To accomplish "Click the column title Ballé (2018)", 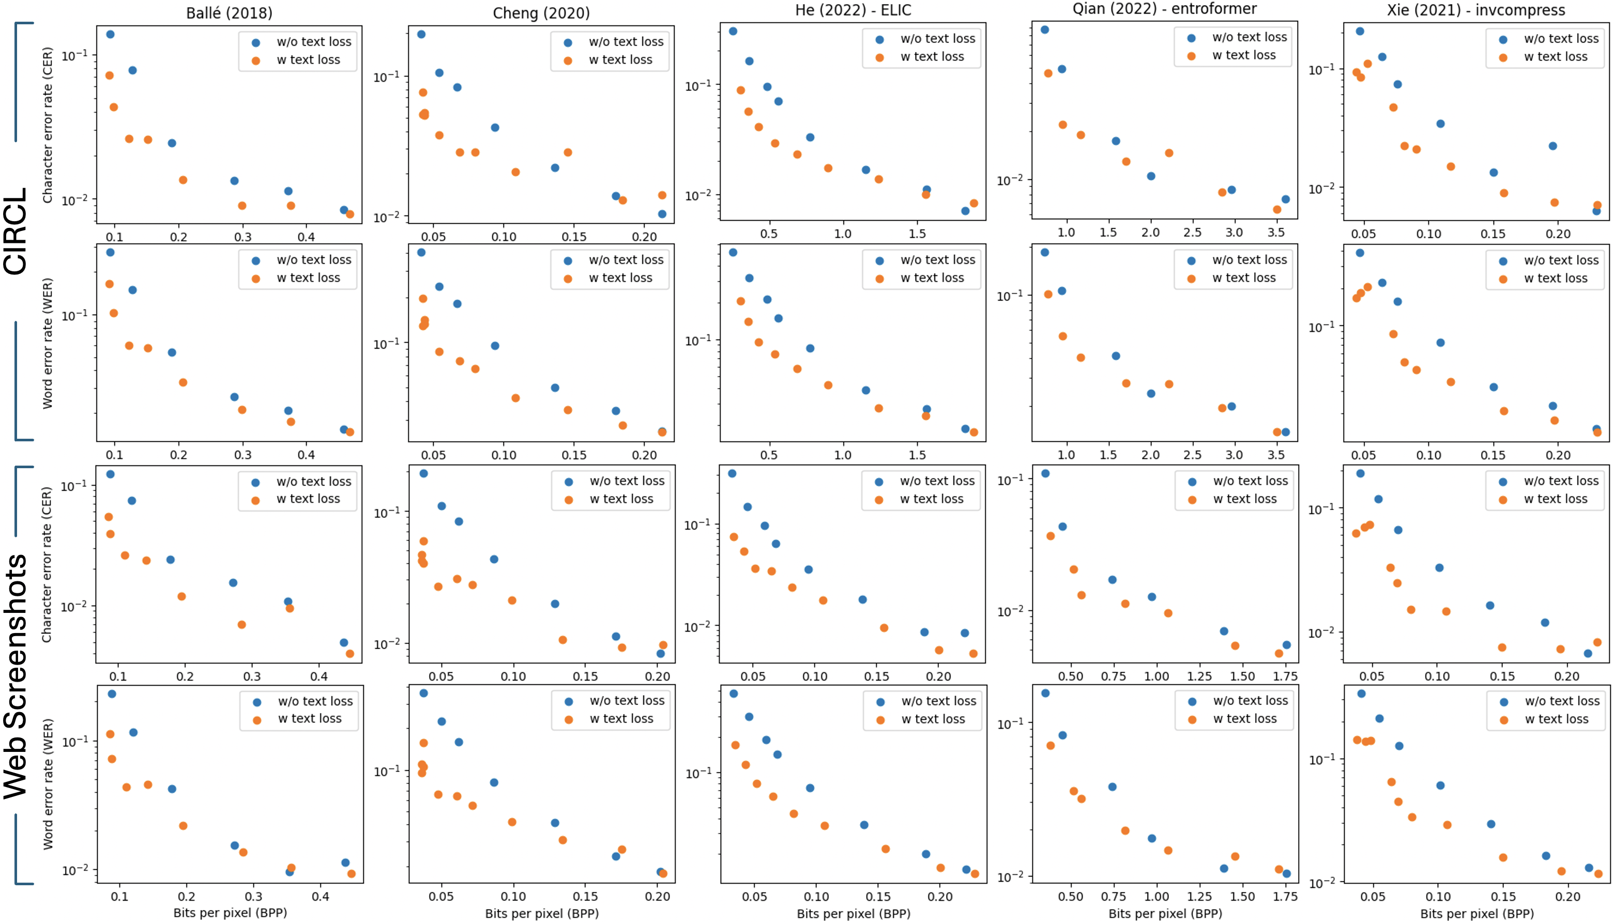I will pyautogui.click(x=229, y=13).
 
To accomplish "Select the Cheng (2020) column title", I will pyautogui.click(x=541, y=13).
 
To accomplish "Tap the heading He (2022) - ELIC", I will pyautogui.click(x=853, y=10).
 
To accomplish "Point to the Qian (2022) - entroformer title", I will pyautogui.click(x=1164, y=9).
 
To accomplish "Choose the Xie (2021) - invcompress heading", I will pyautogui.click(x=1475, y=10).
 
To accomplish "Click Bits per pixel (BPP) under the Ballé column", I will pyautogui.click(x=230, y=913).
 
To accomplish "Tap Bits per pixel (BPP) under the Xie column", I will pyautogui.click(x=1477, y=913).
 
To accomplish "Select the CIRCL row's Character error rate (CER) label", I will pyautogui.click(x=48, y=125).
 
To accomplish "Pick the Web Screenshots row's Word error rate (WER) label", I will pyautogui.click(x=48, y=784).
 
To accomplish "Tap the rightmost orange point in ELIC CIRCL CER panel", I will pyautogui.click(x=974, y=203).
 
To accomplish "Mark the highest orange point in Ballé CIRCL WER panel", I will pyautogui.click(x=109, y=284).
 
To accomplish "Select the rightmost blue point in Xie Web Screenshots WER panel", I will pyautogui.click(x=1589, y=868).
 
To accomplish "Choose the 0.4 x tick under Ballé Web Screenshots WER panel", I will pyautogui.click(x=320, y=896).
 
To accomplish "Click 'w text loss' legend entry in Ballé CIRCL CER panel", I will pyautogui.click(x=308, y=59).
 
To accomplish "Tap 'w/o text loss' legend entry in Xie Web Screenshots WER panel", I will pyautogui.click(x=1562, y=701).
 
